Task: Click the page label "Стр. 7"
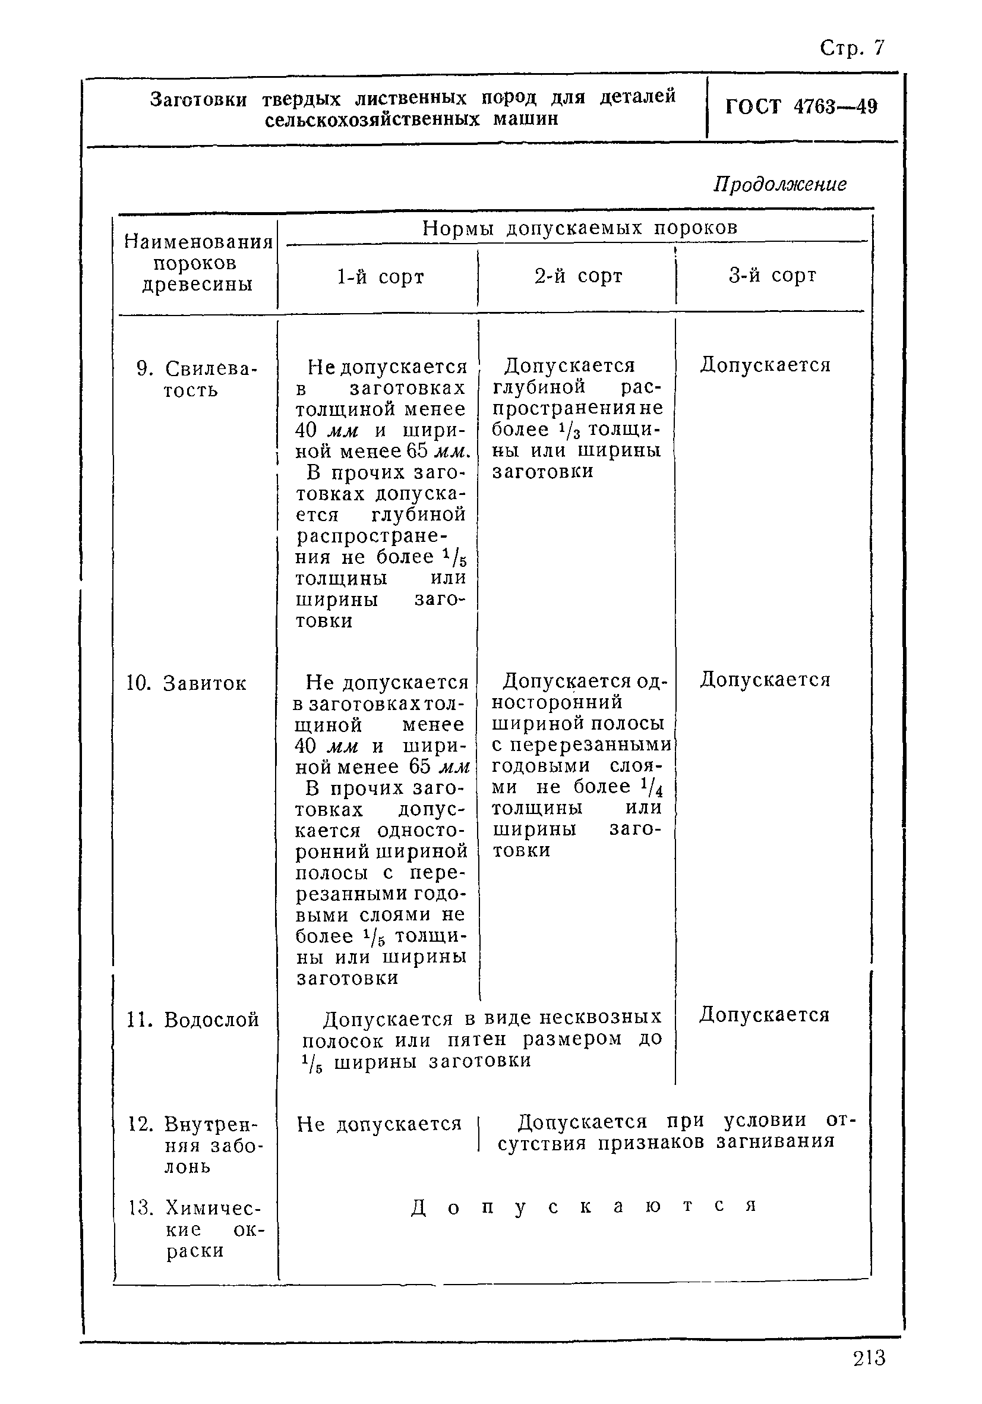(852, 48)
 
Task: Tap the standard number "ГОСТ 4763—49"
(801, 107)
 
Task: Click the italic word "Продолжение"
(779, 184)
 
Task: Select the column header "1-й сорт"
(380, 277)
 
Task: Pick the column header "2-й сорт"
(578, 276)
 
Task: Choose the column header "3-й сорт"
(772, 276)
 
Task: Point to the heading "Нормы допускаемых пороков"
(580, 228)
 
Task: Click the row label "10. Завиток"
(187, 683)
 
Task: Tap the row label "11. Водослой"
(192, 1020)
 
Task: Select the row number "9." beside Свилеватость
(144, 369)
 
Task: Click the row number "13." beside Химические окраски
(140, 1208)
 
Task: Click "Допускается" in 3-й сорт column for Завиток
(765, 679)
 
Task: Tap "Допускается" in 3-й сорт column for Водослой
(765, 1015)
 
